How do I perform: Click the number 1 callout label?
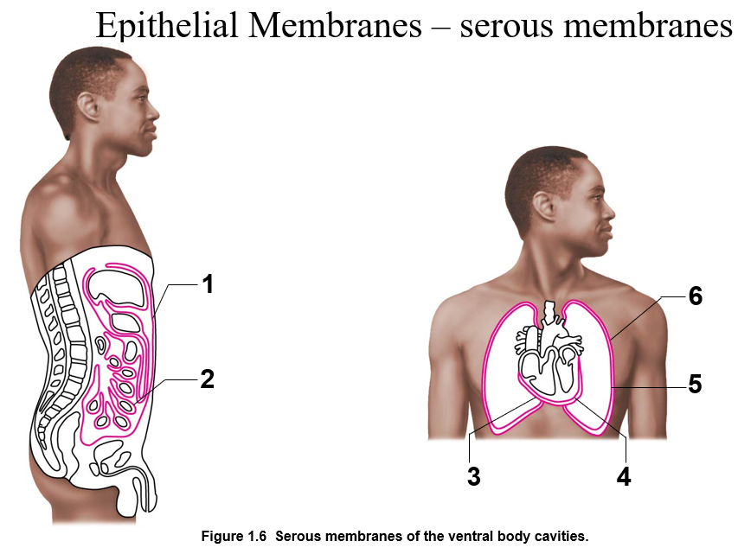208,284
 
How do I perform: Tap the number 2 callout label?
208,379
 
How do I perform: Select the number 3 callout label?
474,476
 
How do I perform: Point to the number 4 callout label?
624,476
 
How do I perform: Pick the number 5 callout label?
695,384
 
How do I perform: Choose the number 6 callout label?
695,296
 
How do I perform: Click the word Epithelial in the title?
166,26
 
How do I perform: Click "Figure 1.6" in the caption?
234,536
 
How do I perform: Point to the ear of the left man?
88,107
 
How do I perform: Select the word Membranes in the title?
335,26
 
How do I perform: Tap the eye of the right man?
599,198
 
